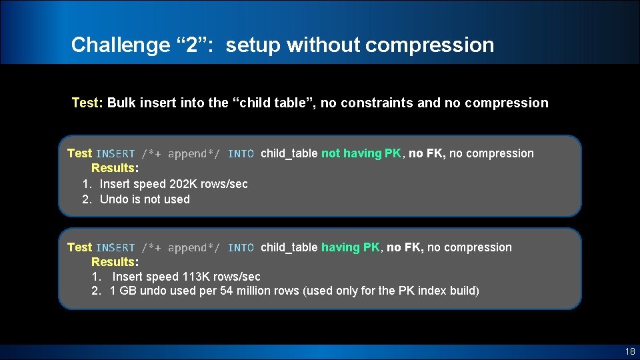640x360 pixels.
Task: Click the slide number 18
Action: click(630, 351)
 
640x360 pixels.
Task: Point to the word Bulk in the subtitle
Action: click(121, 103)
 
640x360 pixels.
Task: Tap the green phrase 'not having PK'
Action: click(361, 153)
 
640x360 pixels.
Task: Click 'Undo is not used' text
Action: click(145, 199)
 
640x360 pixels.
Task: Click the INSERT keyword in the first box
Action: click(115, 154)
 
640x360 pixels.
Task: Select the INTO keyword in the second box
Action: click(241, 248)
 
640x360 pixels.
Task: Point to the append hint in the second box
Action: click(181, 248)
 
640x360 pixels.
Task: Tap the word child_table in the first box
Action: click(289, 153)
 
